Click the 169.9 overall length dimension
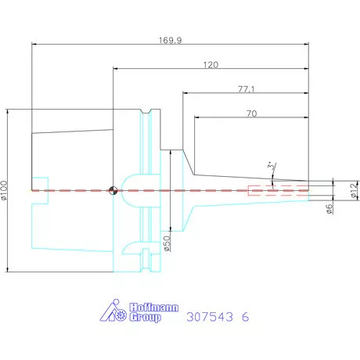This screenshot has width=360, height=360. (171, 41)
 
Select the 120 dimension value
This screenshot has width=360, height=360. (211, 65)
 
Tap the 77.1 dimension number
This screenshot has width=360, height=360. (247, 89)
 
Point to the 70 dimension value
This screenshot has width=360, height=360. (252, 113)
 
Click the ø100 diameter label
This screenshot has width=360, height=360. (4, 190)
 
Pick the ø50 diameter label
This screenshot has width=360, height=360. (167, 243)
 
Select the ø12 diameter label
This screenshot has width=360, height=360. (354, 190)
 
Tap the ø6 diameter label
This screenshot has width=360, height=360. (329, 209)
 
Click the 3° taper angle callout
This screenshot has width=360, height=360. (272, 166)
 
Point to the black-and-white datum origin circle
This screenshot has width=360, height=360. (113, 190)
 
